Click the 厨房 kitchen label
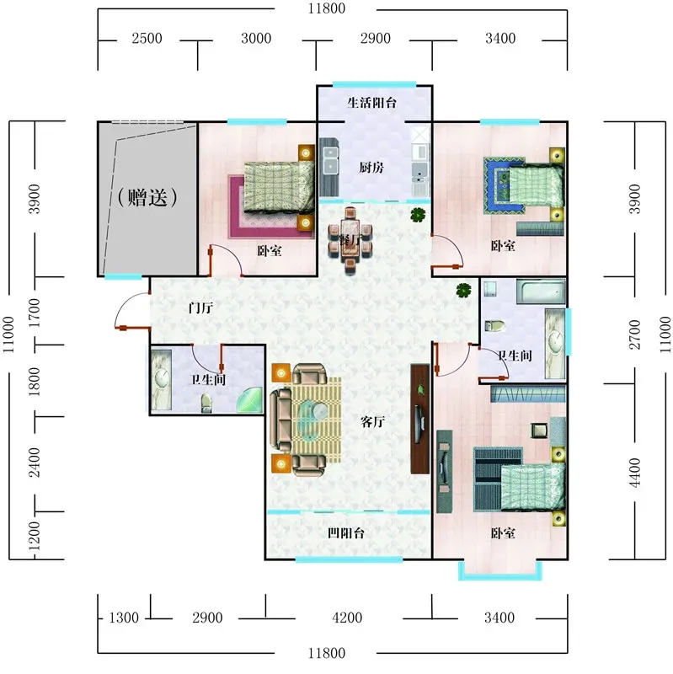pyautogui.click(x=371, y=167)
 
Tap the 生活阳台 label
pyautogui.click(x=371, y=103)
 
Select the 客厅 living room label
pyautogui.click(x=372, y=422)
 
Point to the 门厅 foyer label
pyautogui.click(x=200, y=308)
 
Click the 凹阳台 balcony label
pyautogui.click(x=346, y=533)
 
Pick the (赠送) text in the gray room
pyautogui.click(x=147, y=197)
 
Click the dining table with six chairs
pyautogui.click(x=350, y=240)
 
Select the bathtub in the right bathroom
pyautogui.click(x=541, y=292)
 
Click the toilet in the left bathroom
pyautogui.click(x=206, y=403)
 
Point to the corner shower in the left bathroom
pyautogui.click(x=249, y=399)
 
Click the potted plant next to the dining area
pyautogui.click(x=417, y=215)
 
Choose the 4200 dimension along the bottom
pyautogui.click(x=347, y=618)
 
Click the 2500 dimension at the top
pyautogui.click(x=147, y=38)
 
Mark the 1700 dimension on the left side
pyautogui.click(x=35, y=313)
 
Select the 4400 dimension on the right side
pyautogui.click(x=635, y=473)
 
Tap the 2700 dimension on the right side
pyautogui.click(x=635, y=334)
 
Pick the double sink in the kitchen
pyautogui.click(x=330, y=159)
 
